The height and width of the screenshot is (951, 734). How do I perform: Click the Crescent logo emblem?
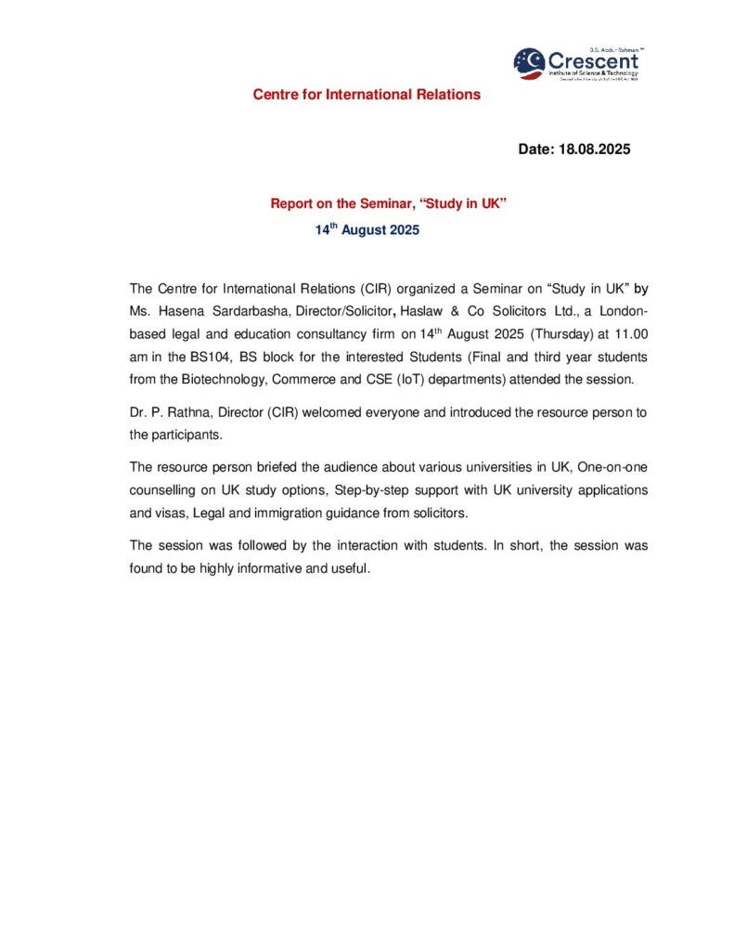[530, 63]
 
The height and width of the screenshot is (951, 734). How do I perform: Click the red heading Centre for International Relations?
[367, 95]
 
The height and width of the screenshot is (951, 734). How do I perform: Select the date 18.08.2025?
[594, 149]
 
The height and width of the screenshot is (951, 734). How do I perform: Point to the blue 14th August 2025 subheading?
[367, 229]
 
